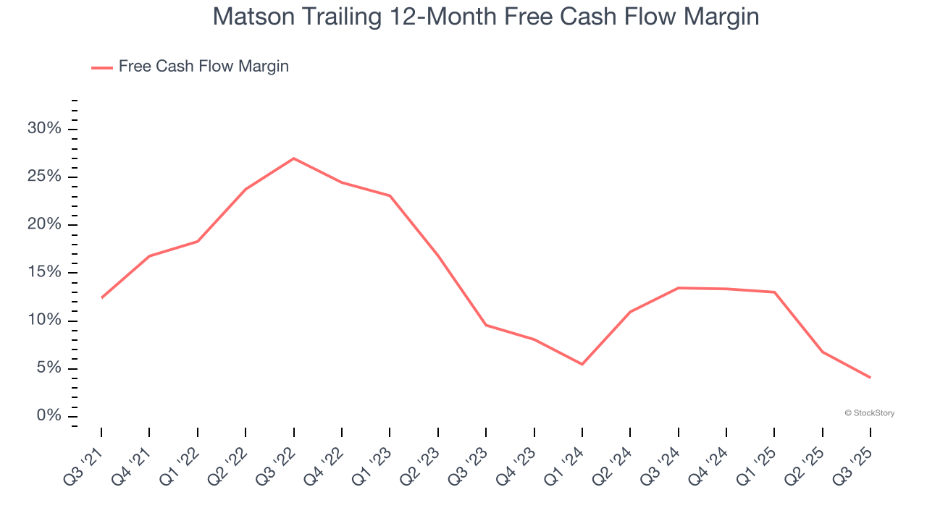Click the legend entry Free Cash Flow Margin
tap(204, 67)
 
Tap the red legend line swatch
tap(102, 67)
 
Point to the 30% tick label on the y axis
tap(43, 129)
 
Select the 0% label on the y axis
tap(48, 416)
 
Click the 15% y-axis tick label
tap(43, 273)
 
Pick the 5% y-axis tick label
tap(48, 368)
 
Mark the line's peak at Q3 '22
tap(293, 158)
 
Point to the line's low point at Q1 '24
tap(582, 364)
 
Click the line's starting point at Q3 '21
tap(101, 297)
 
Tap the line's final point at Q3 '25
tap(870, 378)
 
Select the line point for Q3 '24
tap(678, 288)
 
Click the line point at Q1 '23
tap(390, 195)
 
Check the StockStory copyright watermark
tap(870, 413)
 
